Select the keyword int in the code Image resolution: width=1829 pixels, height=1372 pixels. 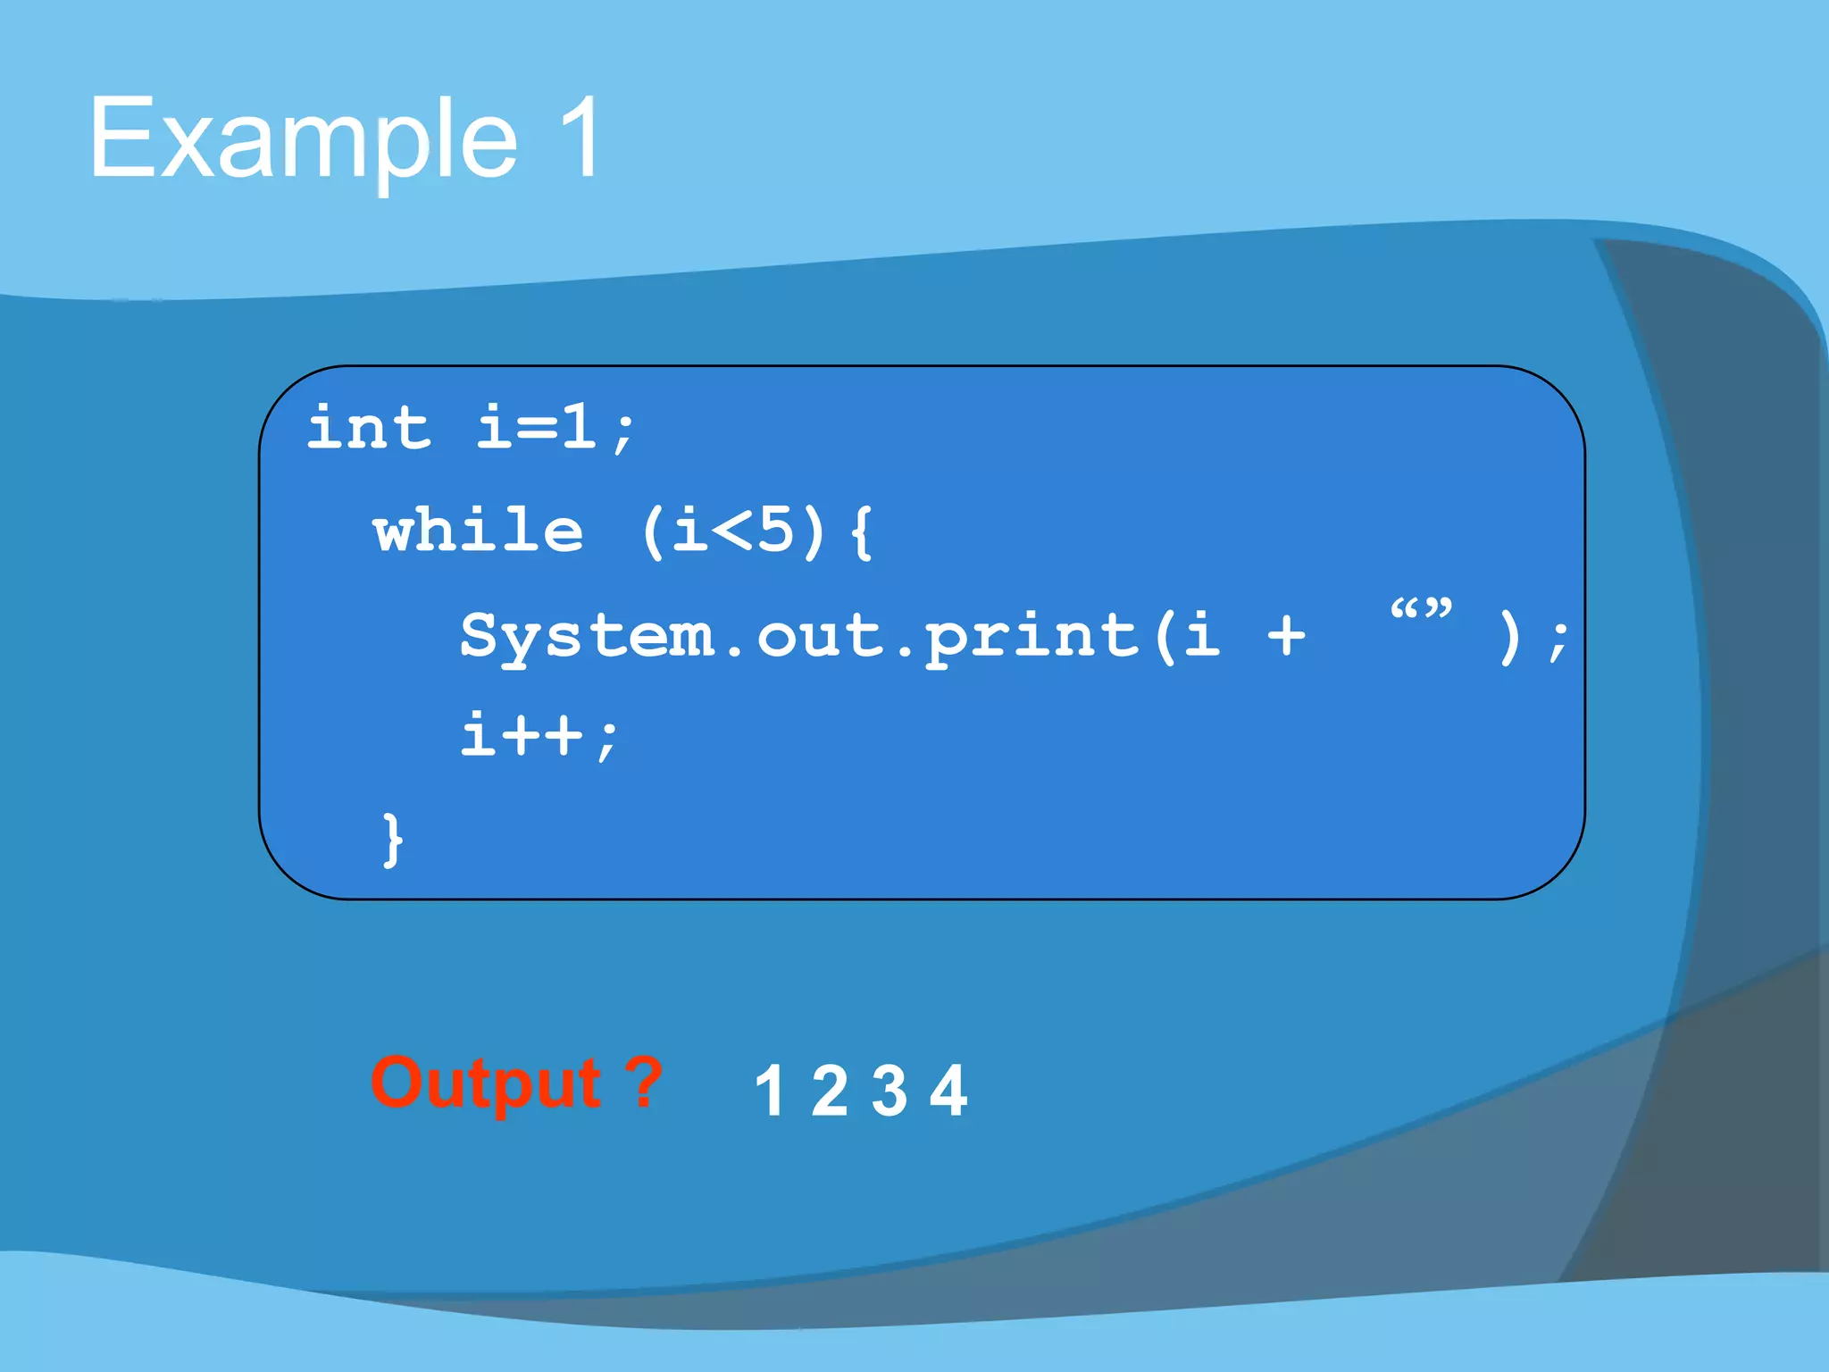369,428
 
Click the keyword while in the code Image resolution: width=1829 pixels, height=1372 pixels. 479,531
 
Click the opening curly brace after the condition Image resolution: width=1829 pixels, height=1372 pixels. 861,531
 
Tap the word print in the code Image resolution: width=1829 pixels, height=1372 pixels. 1031,636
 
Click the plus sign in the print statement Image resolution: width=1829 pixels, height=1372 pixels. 1286,636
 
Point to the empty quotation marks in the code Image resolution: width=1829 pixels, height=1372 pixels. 1421,611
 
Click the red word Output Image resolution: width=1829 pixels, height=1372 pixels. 487,1083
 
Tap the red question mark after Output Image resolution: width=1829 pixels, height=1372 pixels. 643,1082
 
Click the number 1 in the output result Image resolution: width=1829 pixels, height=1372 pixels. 770,1091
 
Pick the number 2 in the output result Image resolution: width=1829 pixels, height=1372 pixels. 830,1091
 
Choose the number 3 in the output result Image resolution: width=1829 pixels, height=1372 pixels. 889,1091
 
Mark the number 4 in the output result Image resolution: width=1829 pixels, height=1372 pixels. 948,1091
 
